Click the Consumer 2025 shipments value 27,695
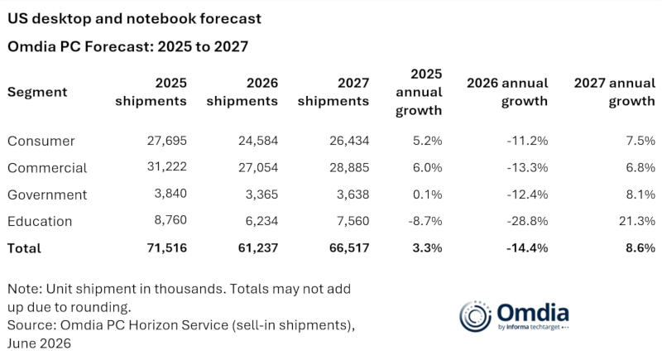click(x=167, y=141)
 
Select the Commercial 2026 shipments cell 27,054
click(x=258, y=167)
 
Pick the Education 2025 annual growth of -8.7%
click(x=425, y=221)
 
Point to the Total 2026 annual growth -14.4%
click(x=527, y=247)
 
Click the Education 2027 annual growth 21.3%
click(x=637, y=221)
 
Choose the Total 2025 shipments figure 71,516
click(x=167, y=247)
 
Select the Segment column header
click(x=37, y=92)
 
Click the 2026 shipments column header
click(x=242, y=92)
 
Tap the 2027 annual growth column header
click(x=615, y=92)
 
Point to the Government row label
click(x=47, y=194)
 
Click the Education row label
click(x=40, y=221)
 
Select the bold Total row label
click(x=24, y=248)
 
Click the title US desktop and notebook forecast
click(x=134, y=18)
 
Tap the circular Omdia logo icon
click(x=475, y=316)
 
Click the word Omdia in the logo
click(x=533, y=313)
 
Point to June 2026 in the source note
click(x=39, y=343)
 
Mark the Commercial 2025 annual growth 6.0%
click(x=427, y=167)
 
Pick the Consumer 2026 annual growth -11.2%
click(x=527, y=141)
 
